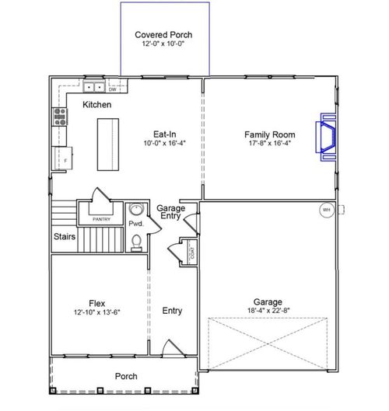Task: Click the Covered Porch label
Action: (x=163, y=36)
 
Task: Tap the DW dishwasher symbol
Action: (x=112, y=89)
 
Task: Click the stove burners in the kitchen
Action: (x=59, y=117)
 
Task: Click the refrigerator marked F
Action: (x=61, y=158)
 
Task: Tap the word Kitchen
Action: (x=97, y=105)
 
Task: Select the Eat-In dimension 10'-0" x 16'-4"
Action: (x=164, y=144)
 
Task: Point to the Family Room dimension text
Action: (x=268, y=144)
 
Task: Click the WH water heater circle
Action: (x=326, y=210)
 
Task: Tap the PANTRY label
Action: (x=101, y=219)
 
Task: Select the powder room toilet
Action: (x=137, y=242)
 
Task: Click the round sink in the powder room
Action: (x=135, y=209)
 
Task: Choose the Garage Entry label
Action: (x=170, y=212)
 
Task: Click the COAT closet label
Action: (x=191, y=251)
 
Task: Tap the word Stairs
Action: (x=65, y=236)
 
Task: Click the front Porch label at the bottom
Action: (x=126, y=377)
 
